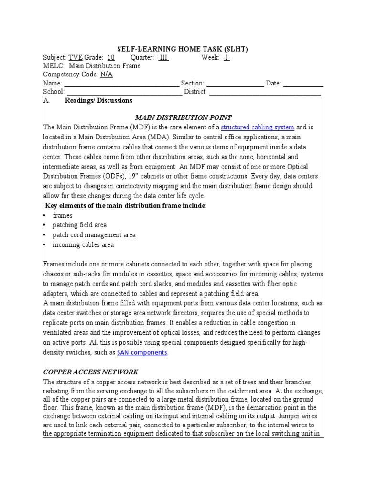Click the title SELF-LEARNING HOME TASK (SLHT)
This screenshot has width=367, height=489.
pos(183,49)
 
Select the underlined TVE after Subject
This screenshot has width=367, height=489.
pos(76,57)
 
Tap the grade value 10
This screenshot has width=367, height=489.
pos(110,57)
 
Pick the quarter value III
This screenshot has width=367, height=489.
pos(163,57)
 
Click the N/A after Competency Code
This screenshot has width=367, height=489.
pos(106,74)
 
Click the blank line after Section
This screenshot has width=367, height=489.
pos(235,84)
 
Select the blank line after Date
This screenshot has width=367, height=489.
pos(303,84)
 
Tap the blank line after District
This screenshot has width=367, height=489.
pos(265,92)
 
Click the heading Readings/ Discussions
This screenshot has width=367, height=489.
pos(98,101)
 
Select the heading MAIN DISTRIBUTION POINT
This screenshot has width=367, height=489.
pos(183,117)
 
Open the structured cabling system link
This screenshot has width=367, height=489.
pos(258,127)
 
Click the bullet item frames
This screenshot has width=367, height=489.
pos(63,215)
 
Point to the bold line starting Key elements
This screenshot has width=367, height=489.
pos(126,205)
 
